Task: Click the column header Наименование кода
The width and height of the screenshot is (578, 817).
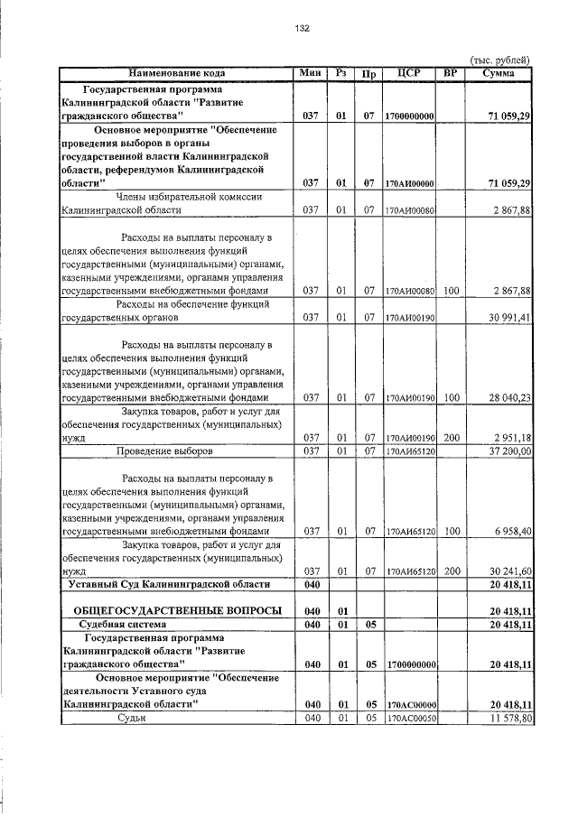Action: pos(177,72)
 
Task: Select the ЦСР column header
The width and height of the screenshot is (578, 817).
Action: pos(410,72)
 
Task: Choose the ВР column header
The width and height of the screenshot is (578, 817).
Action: pos(452,72)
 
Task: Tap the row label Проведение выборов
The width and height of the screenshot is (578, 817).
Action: pos(164,450)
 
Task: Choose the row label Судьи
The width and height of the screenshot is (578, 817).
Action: pos(132,718)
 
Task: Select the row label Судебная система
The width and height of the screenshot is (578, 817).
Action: pos(128,624)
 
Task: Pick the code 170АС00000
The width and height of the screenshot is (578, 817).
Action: pos(410,704)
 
